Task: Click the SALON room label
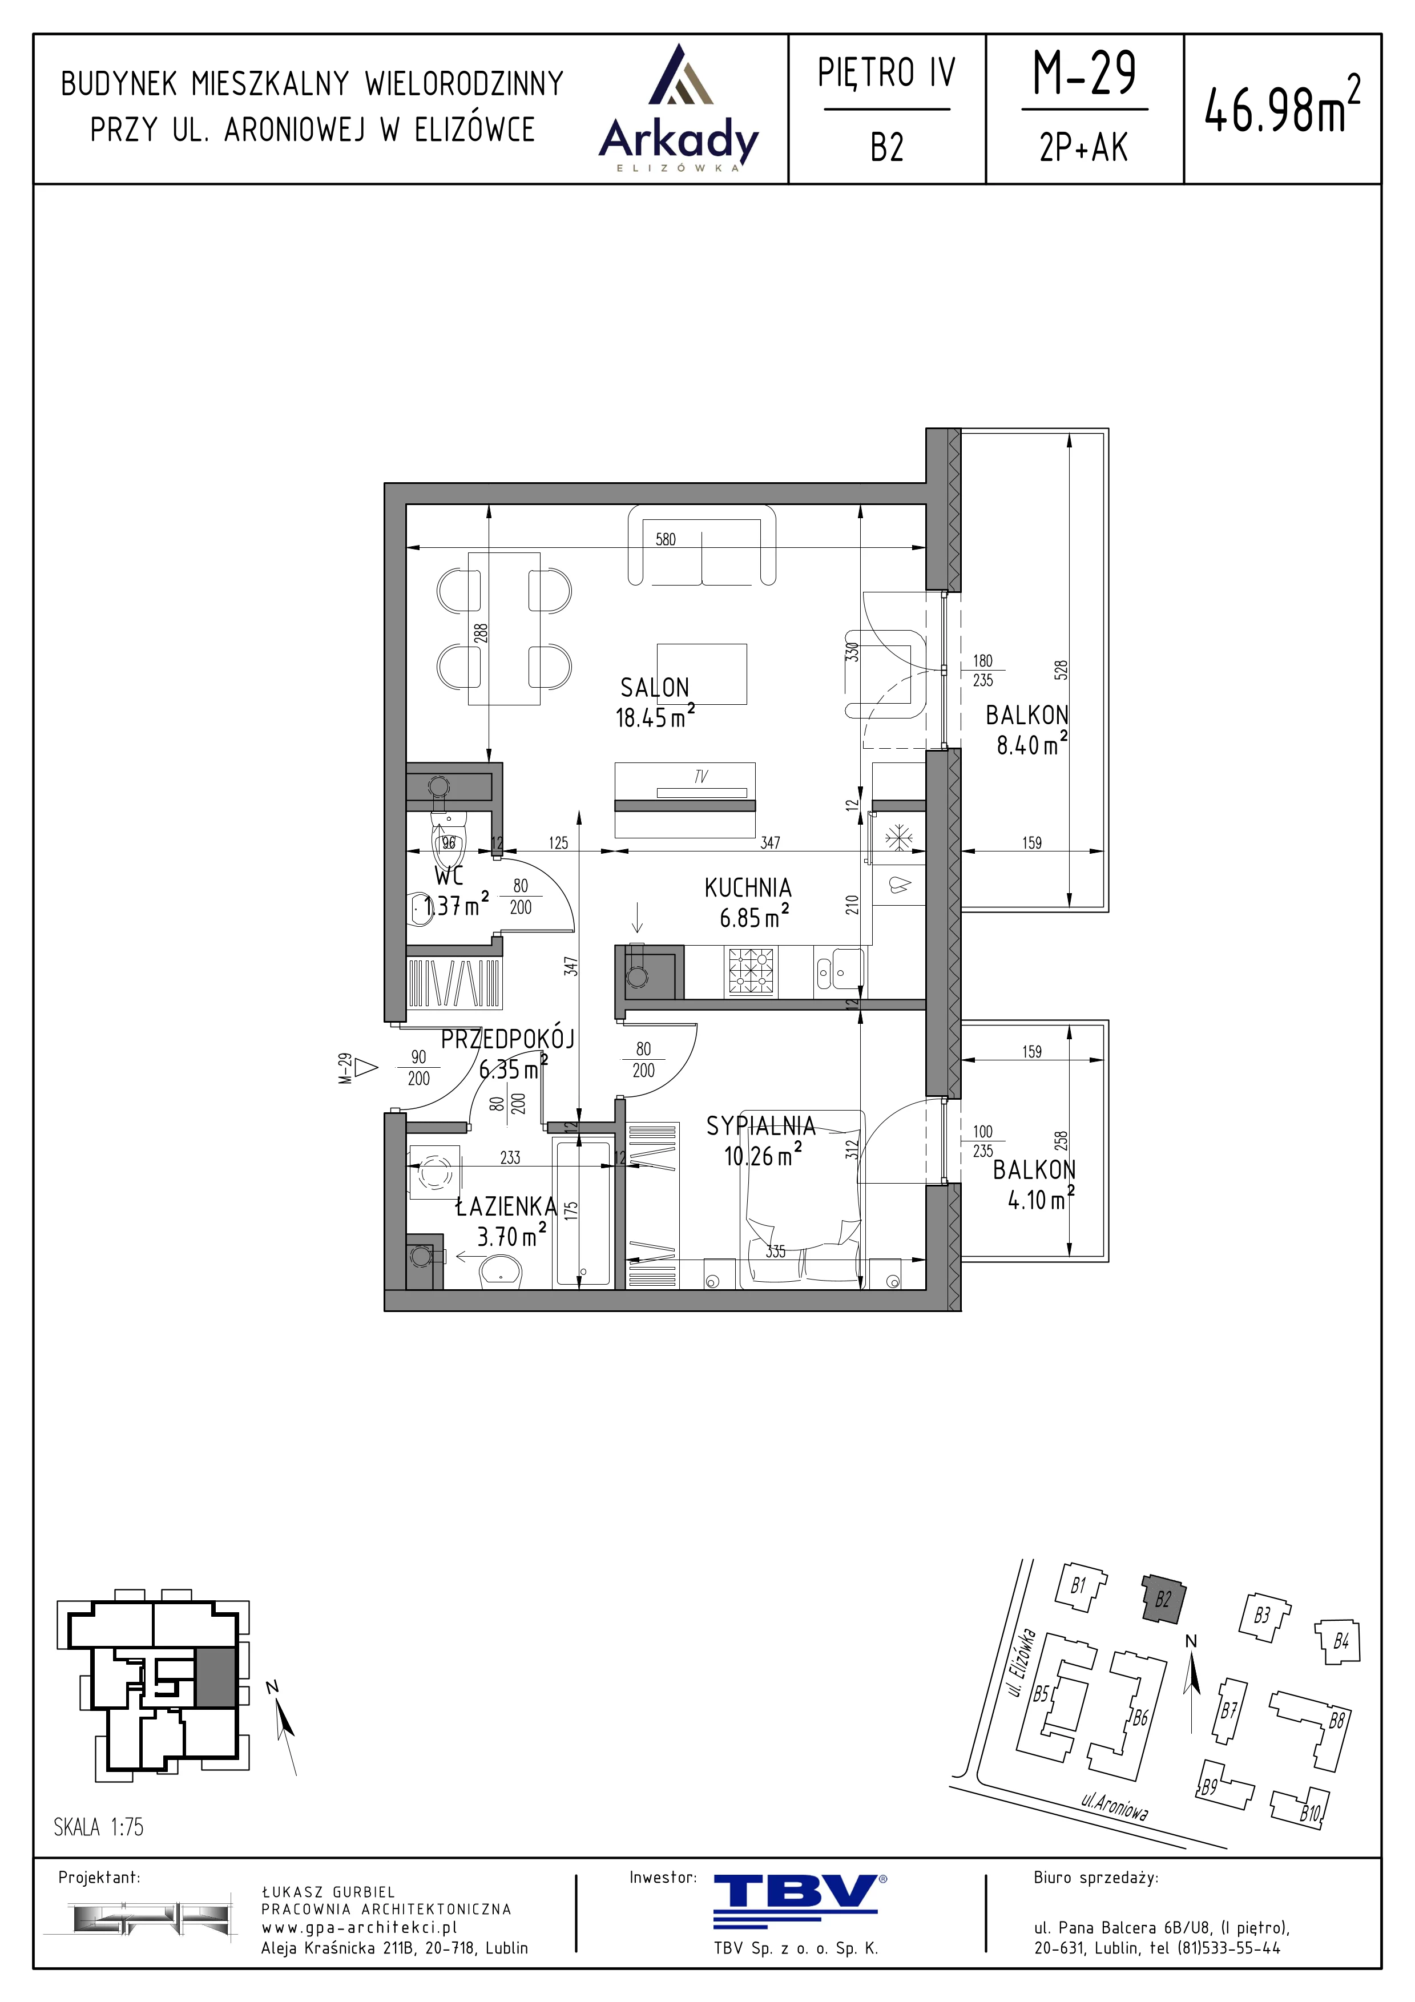(655, 687)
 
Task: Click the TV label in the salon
(701, 776)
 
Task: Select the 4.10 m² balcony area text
(1040, 1199)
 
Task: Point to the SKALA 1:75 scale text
(99, 1827)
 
